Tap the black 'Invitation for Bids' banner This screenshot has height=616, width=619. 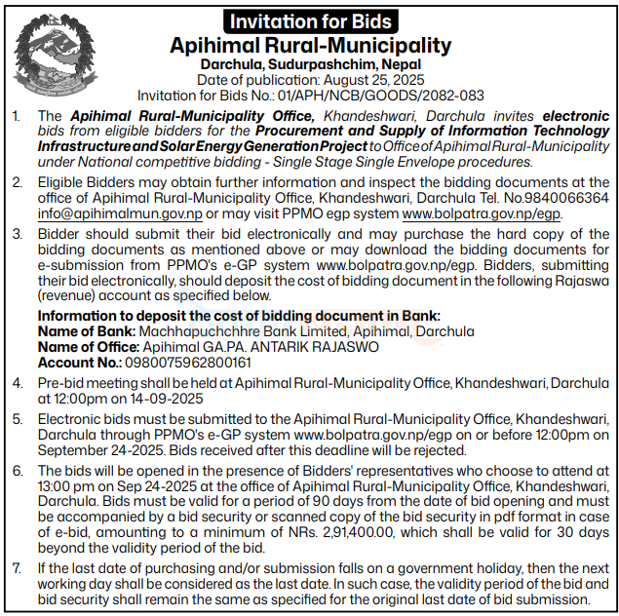pos(310,20)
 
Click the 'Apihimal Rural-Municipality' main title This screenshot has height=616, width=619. pos(310,45)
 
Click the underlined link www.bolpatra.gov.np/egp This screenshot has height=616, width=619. pos(482,212)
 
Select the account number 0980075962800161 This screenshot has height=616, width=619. pos(186,362)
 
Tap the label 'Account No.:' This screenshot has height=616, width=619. pos(77,362)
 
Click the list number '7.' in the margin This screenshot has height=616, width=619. pos(16,568)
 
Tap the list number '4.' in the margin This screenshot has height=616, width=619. pos(16,383)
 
